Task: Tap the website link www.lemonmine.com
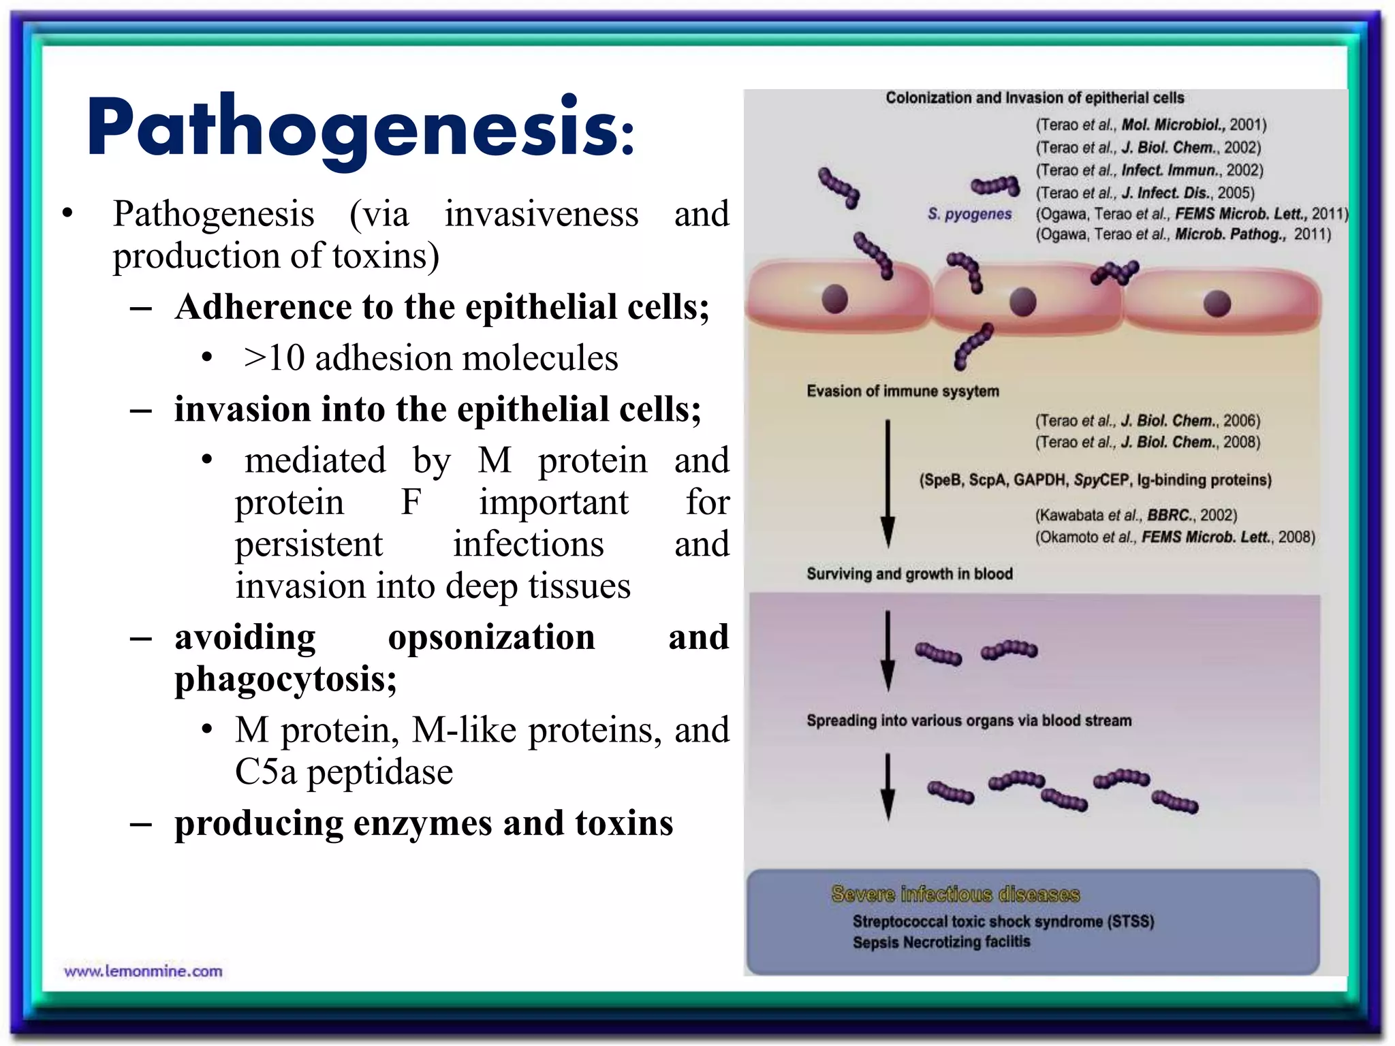tap(143, 971)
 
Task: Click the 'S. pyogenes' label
tap(969, 214)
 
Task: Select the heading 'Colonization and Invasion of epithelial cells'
tap(1035, 98)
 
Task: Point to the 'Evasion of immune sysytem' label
tap(903, 391)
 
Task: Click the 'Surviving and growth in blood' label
tap(909, 573)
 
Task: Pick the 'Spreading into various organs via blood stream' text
tap(969, 720)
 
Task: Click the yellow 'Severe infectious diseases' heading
tap(955, 893)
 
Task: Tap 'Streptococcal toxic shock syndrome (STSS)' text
tap(1003, 921)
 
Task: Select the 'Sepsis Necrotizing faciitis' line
tap(941, 942)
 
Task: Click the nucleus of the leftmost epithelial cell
tap(834, 299)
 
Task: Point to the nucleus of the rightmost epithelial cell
tap(1217, 303)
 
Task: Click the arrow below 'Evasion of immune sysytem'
tap(888, 484)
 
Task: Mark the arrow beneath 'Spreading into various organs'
tap(888, 787)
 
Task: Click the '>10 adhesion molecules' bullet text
tap(430, 358)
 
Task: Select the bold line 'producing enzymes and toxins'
tap(424, 823)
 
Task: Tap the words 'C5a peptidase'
tap(344, 772)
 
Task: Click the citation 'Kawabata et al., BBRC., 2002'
tap(1136, 515)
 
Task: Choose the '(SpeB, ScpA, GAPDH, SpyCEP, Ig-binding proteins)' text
tap(1095, 480)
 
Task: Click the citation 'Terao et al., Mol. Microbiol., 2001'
tap(1151, 125)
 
